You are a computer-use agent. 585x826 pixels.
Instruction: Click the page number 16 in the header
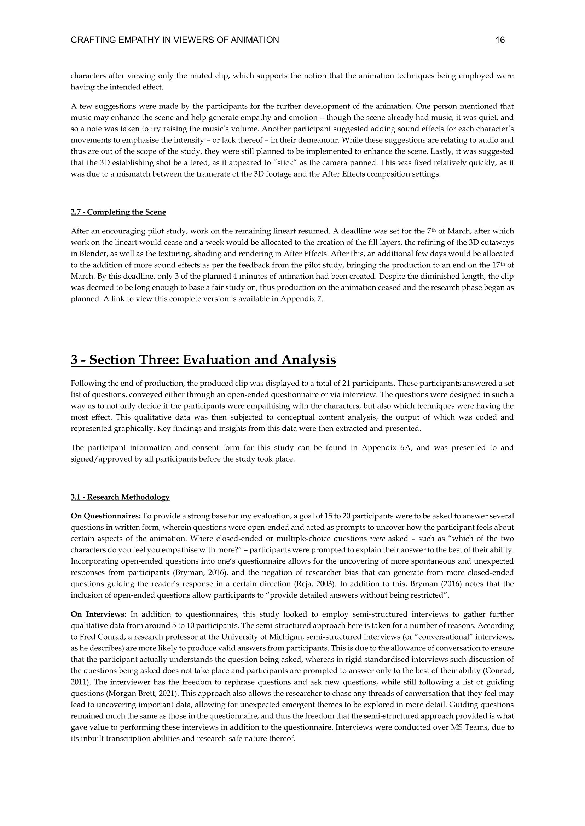(x=500, y=40)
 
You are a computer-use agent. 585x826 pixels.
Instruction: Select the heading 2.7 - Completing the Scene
(x=118, y=212)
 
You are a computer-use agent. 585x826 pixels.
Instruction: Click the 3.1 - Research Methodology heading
(x=120, y=497)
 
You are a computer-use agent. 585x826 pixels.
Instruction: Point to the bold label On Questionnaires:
(x=105, y=516)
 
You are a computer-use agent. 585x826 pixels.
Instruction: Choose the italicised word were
(x=377, y=539)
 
